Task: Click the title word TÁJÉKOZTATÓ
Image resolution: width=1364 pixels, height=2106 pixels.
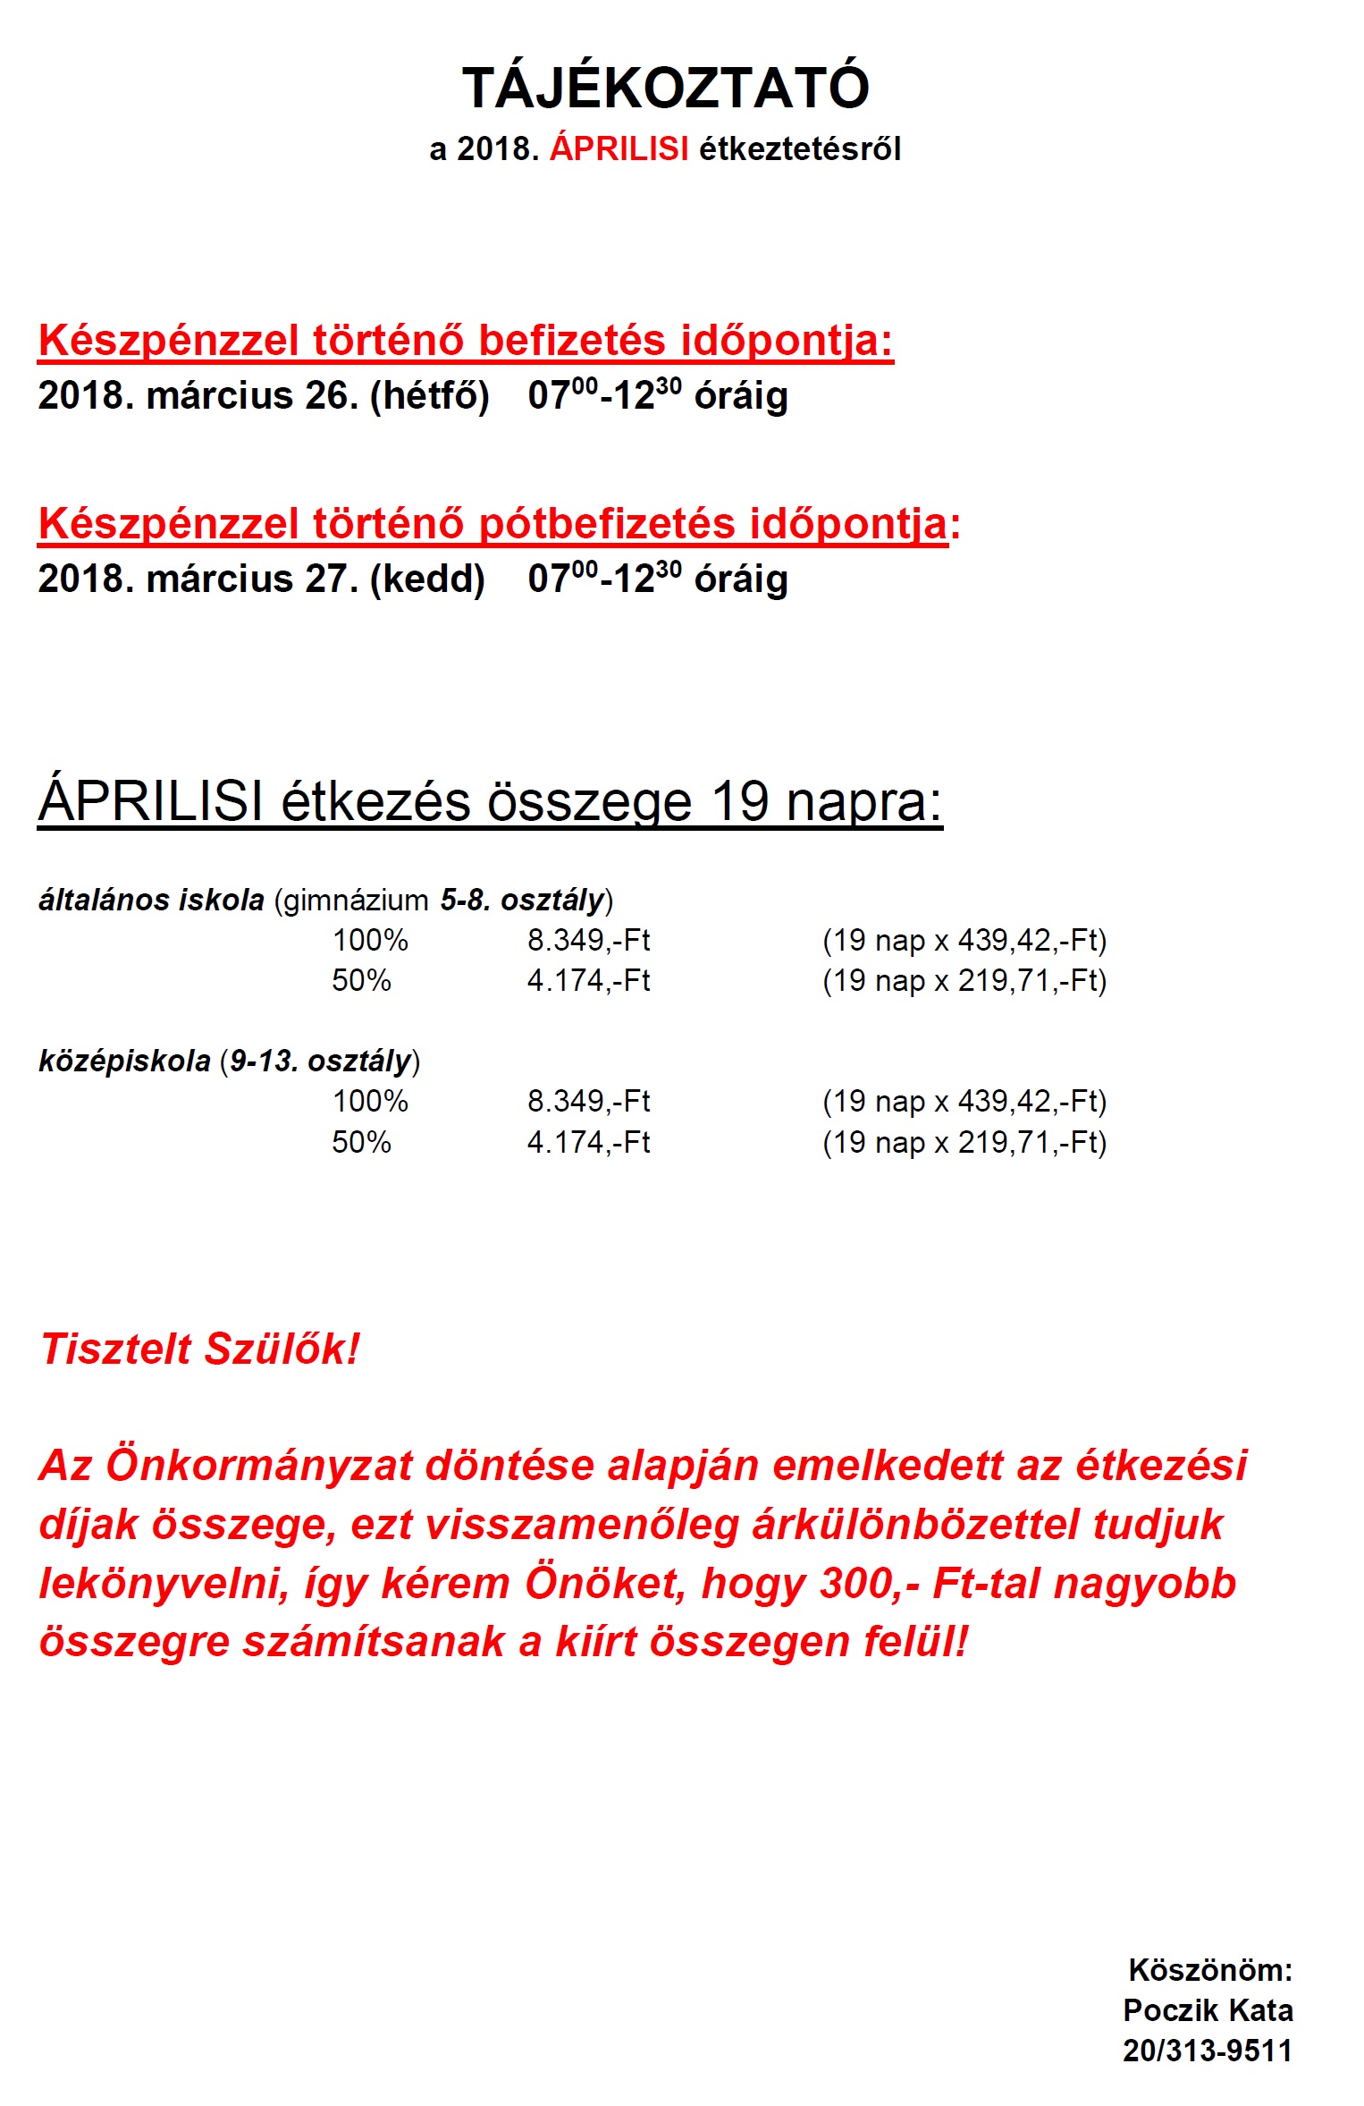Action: point(665,88)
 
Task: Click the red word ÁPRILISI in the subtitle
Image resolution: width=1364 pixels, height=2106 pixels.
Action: point(619,148)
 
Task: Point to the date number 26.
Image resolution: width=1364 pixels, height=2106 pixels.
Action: point(325,395)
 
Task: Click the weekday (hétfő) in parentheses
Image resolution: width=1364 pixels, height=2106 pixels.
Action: point(430,396)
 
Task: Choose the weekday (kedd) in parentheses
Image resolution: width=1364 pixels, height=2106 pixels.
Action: point(427,579)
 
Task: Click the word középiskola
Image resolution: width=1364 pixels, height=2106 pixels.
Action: point(124,1061)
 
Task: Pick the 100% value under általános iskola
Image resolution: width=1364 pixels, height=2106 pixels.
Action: point(370,940)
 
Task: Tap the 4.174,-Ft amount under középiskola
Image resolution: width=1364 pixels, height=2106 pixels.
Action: point(588,1142)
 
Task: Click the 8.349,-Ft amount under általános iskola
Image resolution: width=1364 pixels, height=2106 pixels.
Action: point(588,940)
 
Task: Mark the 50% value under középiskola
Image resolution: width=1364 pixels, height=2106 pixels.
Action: point(361,1142)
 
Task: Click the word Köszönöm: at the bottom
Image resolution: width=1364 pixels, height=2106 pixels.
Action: point(1210,1969)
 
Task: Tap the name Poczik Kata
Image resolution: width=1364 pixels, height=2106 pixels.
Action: point(1208,2009)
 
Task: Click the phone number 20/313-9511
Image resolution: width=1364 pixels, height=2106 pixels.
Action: point(1207,2050)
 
